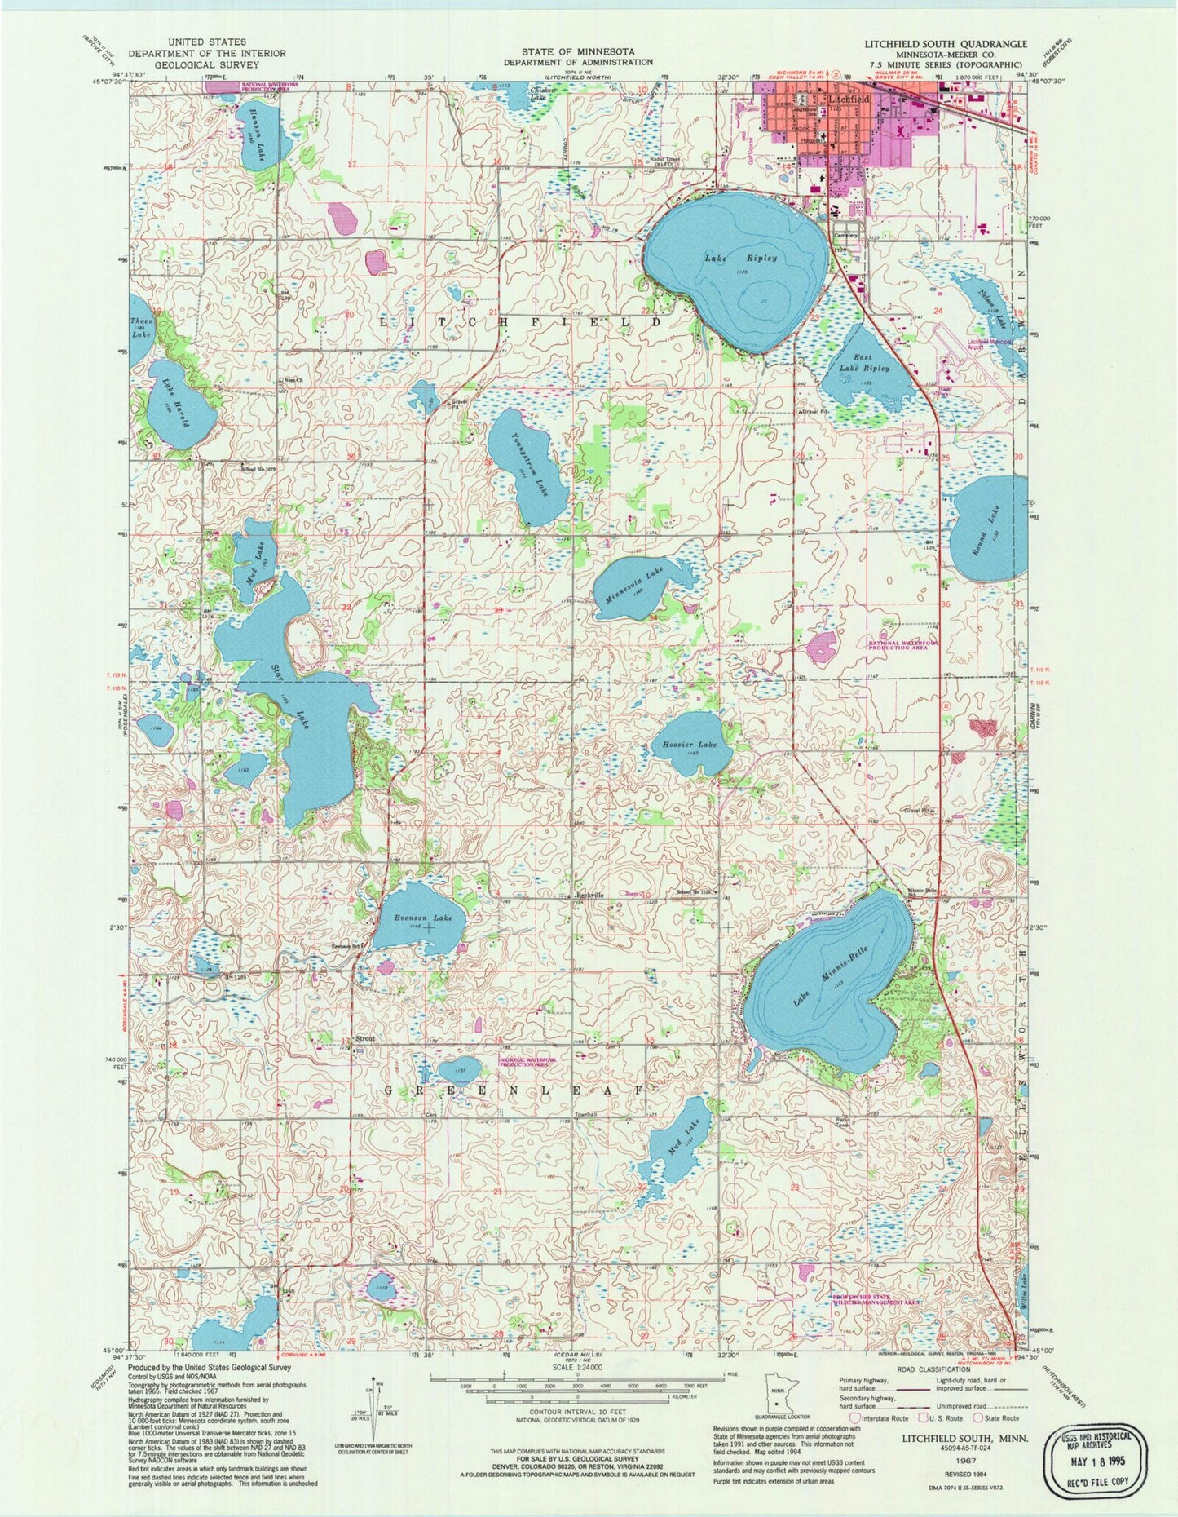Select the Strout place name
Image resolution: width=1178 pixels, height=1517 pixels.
364,1038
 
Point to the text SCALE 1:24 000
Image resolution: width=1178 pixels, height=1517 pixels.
576,1365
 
